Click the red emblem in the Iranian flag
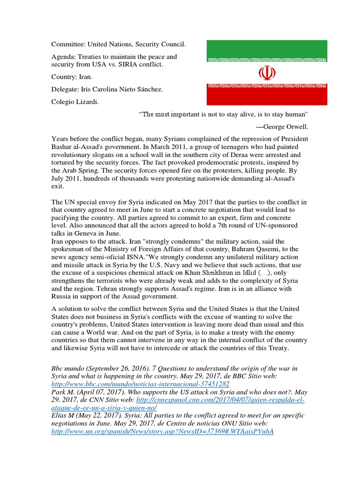[x=267, y=73]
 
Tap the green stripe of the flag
[x=267, y=48]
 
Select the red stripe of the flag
[x=267, y=97]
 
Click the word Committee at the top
[x=67, y=45]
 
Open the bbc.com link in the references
[x=140, y=384]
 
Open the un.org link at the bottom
[x=162, y=431]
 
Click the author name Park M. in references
[x=64, y=392]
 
